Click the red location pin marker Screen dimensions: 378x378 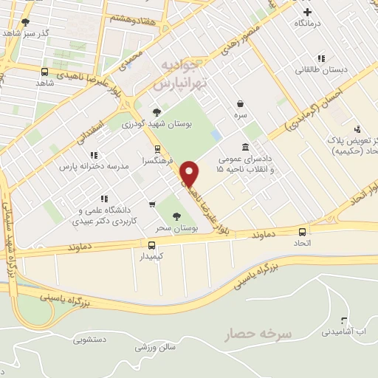(190, 173)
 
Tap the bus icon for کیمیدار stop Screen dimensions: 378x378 (151, 245)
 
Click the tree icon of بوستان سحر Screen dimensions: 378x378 (176, 216)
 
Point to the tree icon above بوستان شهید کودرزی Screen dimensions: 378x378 (156, 112)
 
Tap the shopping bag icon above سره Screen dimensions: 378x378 (241, 104)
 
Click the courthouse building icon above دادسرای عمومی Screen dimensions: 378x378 (244, 146)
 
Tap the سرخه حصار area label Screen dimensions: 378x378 (259, 334)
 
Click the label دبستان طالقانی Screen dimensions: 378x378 (321, 70)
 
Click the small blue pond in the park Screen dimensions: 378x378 (216, 137)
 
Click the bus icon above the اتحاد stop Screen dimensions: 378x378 (303, 230)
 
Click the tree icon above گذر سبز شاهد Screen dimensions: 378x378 (27, 22)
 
